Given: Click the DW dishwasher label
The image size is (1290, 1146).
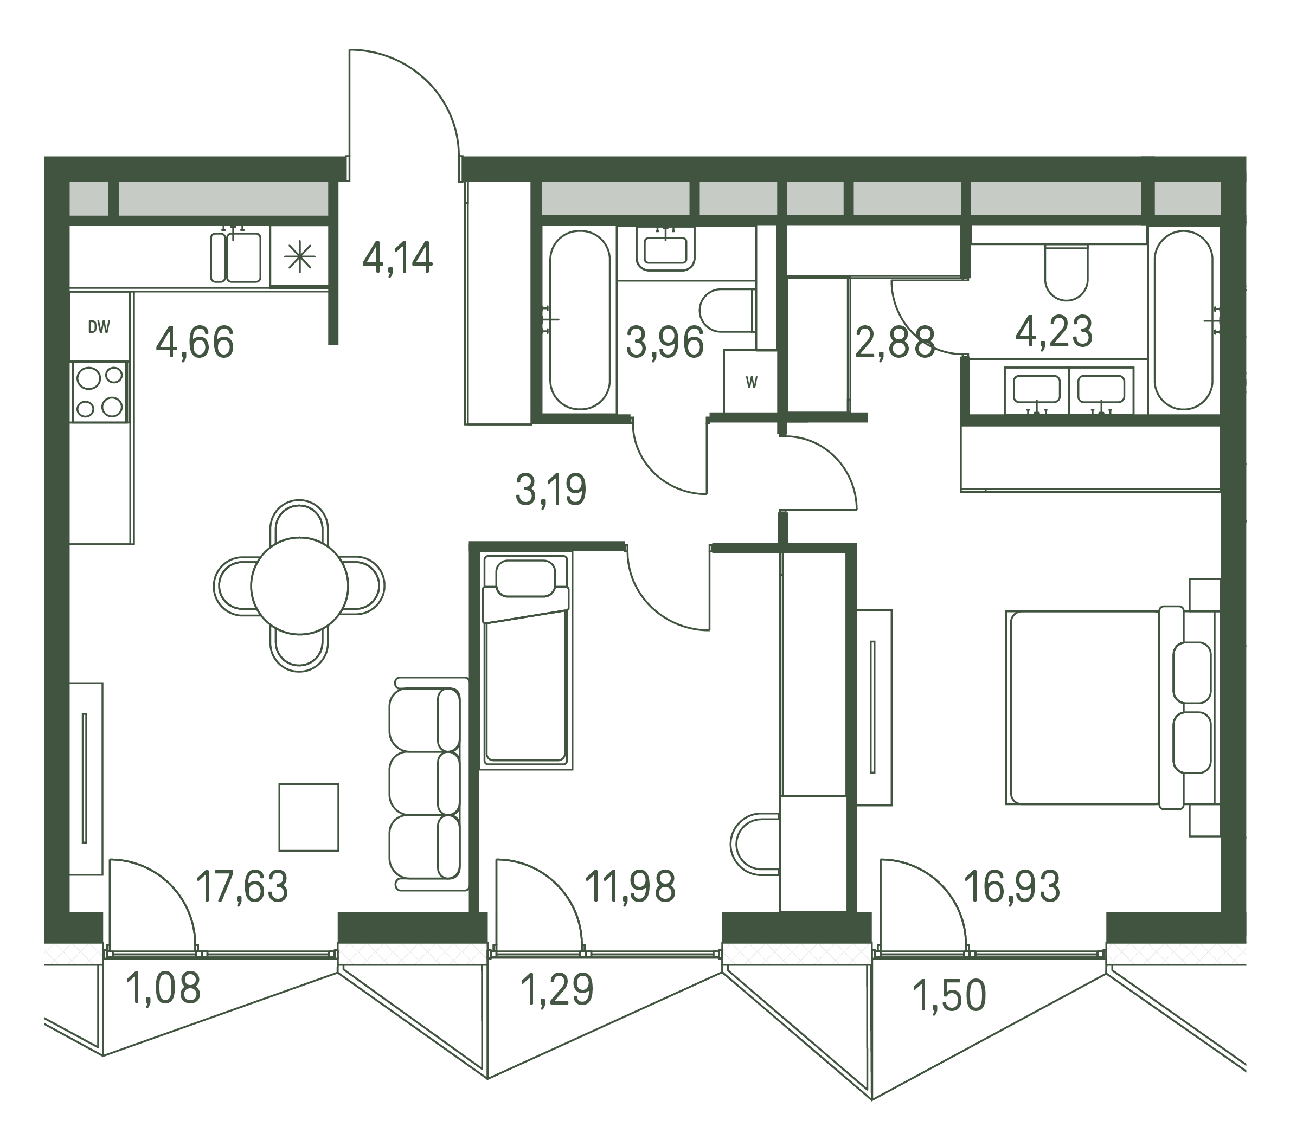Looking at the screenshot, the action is pyautogui.click(x=99, y=327).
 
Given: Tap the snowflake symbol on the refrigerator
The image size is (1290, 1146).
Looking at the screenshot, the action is pyautogui.click(x=299, y=257).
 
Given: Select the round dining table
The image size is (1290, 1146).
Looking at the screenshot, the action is pyautogui.click(x=300, y=585).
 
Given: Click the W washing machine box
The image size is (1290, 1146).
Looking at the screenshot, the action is pyautogui.click(x=750, y=381).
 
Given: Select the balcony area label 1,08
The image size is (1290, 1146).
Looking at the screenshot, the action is pyautogui.click(x=163, y=988).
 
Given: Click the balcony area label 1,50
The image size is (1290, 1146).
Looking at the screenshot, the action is pyautogui.click(x=949, y=995).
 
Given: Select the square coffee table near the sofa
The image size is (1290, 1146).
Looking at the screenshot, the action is pyautogui.click(x=309, y=817).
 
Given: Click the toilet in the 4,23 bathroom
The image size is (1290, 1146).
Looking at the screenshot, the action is pyautogui.click(x=1067, y=273).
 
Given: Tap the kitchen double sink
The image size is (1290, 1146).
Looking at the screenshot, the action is pyautogui.click(x=235, y=257).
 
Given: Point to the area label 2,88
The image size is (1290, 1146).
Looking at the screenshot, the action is pyautogui.click(x=894, y=343).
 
